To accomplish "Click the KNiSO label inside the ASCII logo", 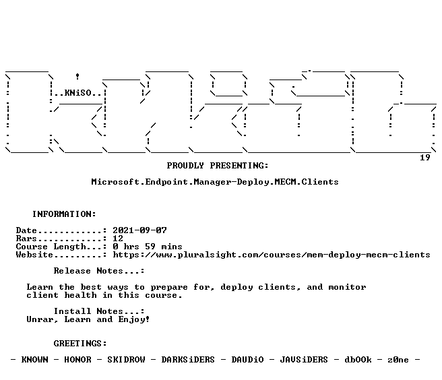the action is pyautogui.click(x=77, y=93).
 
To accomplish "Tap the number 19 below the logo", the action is pyautogui.click(x=425, y=158).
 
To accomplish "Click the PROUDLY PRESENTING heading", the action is pyautogui.click(x=218, y=166).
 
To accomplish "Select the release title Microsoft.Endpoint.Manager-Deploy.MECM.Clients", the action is pyautogui.click(x=215, y=182).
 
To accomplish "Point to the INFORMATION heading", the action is pyautogui.click(x=64, y=214).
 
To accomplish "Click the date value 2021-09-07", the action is pyautogui.click(x=140, y=230).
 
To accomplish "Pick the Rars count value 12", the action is pyautogui.click(x=118, y=239).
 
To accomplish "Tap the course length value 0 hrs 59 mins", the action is pyautogui.click(x=148, y=247).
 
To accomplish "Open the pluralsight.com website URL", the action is pyautogui.click(x=272, y=255).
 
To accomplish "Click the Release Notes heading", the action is pyautogui.click(x=99, y=271).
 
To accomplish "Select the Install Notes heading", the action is pyautogui.click(x=99, y=311).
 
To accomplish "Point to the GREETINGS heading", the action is pyautogui.click(x=80, y=344).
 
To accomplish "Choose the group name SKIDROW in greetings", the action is pyautogui.click(x=126, y=360).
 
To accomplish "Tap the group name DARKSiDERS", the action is pyautogui.click(x=188, y=360).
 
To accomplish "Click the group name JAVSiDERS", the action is pyautogui.click(x=304, y=360).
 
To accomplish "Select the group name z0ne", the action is pyautogui.click(x=398, y=360).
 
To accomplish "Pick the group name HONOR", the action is pyautogui.click(x=77, y=360).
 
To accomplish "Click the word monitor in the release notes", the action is pyautogui.click(x=347, y=287).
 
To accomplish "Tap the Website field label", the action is pyautogui.click(x=34, y=255).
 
